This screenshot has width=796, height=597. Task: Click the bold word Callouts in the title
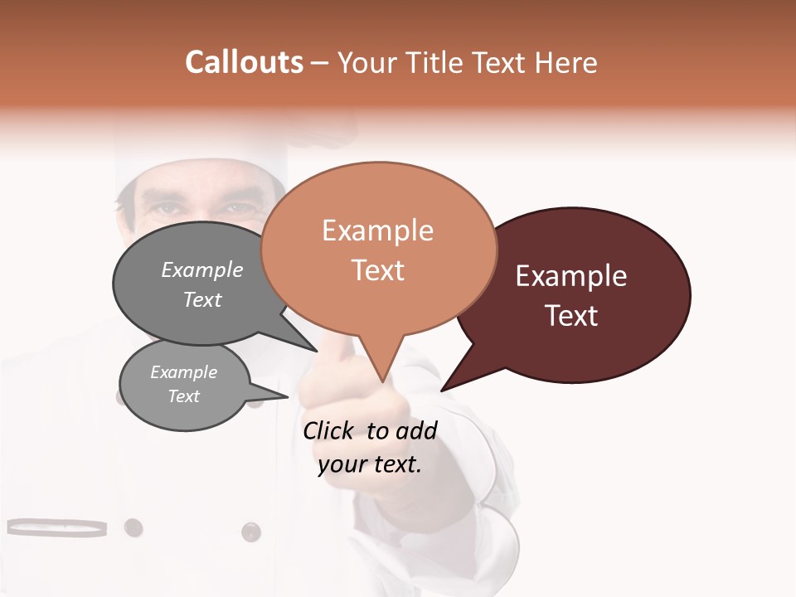pyautogui.click(x=244, y=62)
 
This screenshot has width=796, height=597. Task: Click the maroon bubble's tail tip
pyautogui.click(x=442, y=390)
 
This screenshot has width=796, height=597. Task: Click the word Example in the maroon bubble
pyautogui.click(x=571, y=276)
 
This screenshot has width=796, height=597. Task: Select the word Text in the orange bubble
pyautogui.click(x=378, y=270)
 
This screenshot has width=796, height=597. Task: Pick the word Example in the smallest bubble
pyautogui.click(x=184, y=372)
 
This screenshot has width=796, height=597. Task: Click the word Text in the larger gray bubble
pyautogui.click(x=202, y=299)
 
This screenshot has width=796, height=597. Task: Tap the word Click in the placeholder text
pyautogui.click(x=328, y=430)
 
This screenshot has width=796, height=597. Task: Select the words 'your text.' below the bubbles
pyautogui.click(x=370, y=464)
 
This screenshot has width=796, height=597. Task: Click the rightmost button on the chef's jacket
pyautogui.click(x=250, y=531)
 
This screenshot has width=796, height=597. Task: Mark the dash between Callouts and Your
pyautogui.click(x=321, y=62)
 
